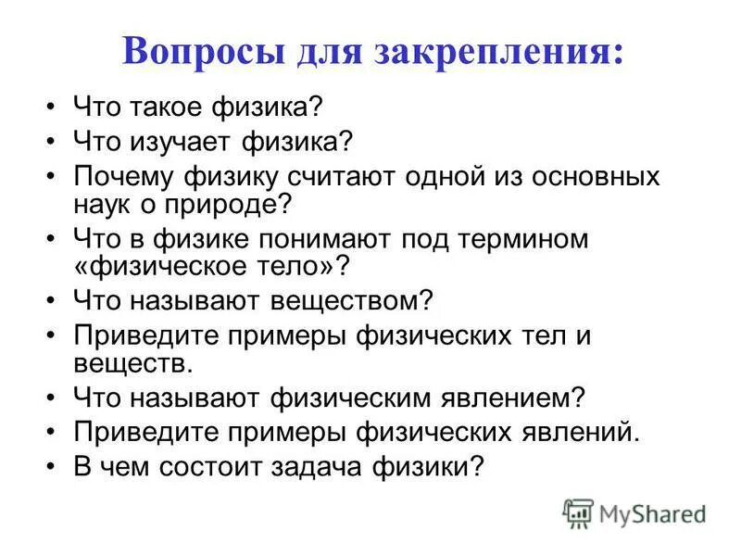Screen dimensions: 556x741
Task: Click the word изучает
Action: [x=188, y=143]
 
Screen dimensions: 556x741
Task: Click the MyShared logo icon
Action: [x=578, y=512]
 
